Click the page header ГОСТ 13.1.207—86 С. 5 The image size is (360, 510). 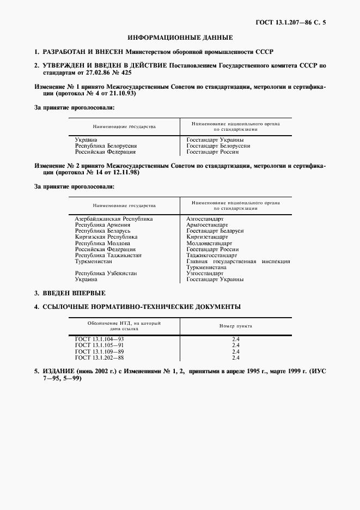294,22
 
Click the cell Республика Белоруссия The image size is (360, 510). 106,146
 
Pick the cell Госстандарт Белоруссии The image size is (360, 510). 218,146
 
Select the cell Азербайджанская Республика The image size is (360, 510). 113,218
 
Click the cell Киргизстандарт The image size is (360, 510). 207,237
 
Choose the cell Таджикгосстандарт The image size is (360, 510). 211,255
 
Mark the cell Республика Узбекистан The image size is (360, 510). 106,273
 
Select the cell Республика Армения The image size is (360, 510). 102,224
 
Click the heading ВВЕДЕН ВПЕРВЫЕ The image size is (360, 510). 74,293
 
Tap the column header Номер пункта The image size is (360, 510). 236,325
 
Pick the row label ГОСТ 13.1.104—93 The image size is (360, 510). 100,339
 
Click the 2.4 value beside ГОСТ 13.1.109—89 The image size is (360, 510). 236,351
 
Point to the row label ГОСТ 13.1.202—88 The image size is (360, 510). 100,357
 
